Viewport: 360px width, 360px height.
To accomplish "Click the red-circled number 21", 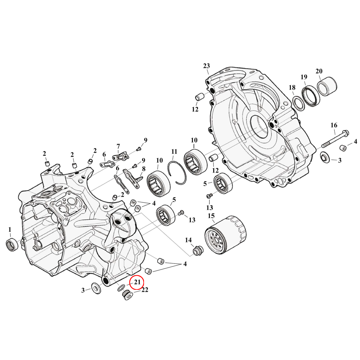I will [x=137, y=283].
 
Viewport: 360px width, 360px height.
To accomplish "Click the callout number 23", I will [x=206, y=66].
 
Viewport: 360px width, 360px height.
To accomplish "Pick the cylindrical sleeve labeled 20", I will [x=327, y=87].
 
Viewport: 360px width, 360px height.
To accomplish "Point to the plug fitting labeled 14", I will [x=197, y=251].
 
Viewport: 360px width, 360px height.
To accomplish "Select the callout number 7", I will [x=118, y=146].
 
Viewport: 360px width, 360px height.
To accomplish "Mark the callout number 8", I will [x=144, y=169].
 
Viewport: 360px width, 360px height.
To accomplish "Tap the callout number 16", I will [x=334, y=125].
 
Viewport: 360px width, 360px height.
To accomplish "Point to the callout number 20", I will [x=319, y=71].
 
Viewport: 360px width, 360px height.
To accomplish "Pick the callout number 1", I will [x=10, y=229].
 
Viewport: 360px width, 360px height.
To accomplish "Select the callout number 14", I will [x=188, y=240].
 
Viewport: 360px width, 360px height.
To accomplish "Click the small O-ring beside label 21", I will [x=121, y=288].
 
